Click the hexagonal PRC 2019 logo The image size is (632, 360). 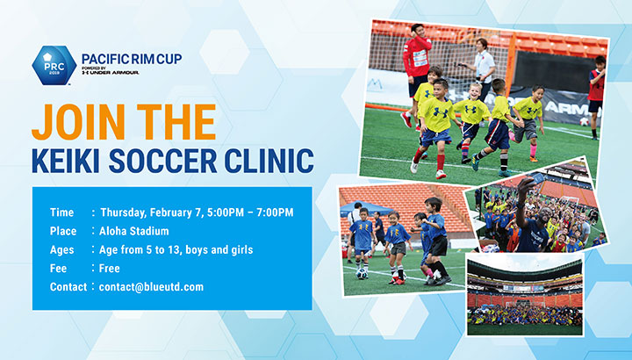54,65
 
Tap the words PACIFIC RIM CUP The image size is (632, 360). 132,59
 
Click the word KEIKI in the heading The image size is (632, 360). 67,161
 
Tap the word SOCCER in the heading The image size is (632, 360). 163,161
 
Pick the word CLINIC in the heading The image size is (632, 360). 269,161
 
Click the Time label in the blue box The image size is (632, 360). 61,212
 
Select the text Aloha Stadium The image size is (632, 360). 133,231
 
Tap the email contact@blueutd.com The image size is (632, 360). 151,287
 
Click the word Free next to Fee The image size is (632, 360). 109,269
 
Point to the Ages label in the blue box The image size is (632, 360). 62,250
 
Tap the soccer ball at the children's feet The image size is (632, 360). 362,274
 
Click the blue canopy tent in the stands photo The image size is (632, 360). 365,208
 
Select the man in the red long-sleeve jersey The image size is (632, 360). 415,73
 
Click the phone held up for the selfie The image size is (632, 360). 537,178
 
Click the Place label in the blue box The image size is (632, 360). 63,231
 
